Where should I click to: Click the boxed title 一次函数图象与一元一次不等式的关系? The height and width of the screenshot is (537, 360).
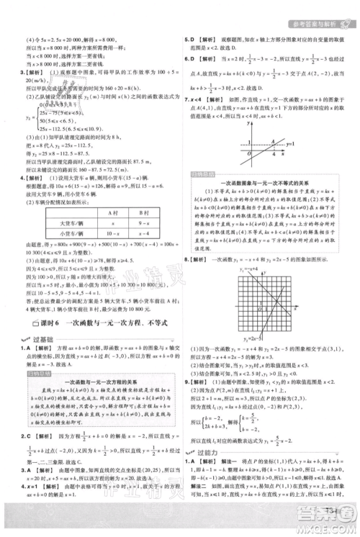coord(263,201)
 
